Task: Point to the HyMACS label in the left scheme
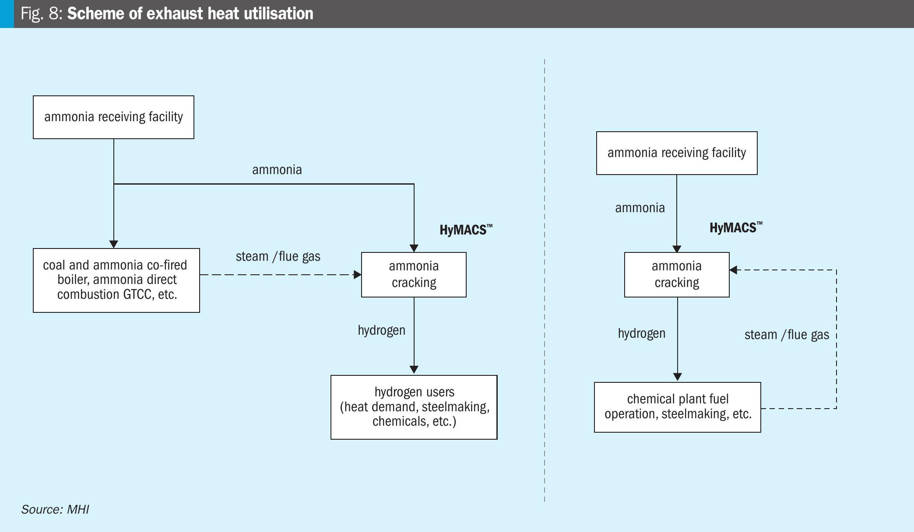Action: pyautogui.click(x=466, y=230)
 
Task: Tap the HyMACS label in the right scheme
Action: pyautogui.click(x=736, y=227)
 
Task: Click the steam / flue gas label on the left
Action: pyautogui.click(x=278, y=256)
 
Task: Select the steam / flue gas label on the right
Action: pyautogui.click(x=787, y=335)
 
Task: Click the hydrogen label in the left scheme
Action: pyautogui.click(x=382, y=330)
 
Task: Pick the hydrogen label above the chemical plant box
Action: pyautogui.click(x=642, y=333)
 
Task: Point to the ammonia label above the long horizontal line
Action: pyautogui.click(x=277, y=170)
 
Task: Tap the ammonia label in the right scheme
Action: pyautogui.click(x=640, y=208)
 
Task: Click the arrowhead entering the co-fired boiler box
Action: pyautogui.click(x=114, y=244)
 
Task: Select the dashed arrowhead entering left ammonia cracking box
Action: pyautogui.click(x=357, y=275)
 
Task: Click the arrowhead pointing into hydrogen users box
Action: pyautogui.click(x=414, y=370)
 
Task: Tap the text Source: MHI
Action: pyautogui.click(x=55, y=510)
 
